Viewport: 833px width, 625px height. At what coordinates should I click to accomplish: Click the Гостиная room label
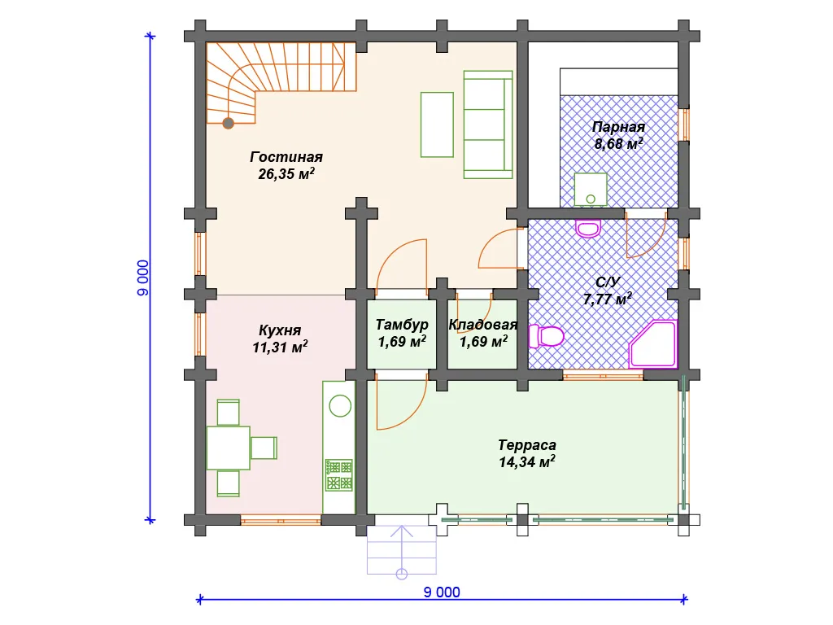pos(286,157)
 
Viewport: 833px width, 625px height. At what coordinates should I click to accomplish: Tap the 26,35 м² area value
pos(286,174)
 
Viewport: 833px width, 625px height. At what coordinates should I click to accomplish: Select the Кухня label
pos(280,330)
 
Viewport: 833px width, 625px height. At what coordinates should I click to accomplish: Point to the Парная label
pos(618,127)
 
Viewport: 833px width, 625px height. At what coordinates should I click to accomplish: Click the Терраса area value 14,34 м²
pos(527,462)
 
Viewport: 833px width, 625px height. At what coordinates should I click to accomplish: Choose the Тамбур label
pos(402,325)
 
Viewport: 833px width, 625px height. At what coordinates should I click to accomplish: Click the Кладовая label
pos(483,325)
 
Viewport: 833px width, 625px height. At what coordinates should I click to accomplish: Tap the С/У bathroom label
pos(608,282)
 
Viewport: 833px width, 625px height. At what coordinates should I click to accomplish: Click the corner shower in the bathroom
pos(653,344)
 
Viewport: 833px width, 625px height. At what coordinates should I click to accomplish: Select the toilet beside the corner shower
pos(546,336)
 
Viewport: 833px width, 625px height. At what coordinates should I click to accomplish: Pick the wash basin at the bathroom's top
pos(588,229)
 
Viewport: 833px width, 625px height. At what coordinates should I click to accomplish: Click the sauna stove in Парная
pos(591,189)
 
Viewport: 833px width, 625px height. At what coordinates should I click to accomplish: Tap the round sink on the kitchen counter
pos(340,407)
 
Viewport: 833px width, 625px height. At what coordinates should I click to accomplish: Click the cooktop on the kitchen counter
pos(339,475)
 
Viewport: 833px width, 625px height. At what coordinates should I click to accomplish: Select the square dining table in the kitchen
pos(228,448)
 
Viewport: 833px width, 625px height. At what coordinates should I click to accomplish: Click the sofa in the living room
pos(488,125)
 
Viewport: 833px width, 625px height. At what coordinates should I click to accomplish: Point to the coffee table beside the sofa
pos(437,125)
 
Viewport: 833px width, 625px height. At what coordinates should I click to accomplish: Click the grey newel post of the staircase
pos(229,124)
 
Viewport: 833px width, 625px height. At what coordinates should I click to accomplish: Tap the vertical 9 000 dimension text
pos(143,278)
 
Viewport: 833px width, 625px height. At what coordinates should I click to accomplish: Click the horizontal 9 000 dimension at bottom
pos(442,592)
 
